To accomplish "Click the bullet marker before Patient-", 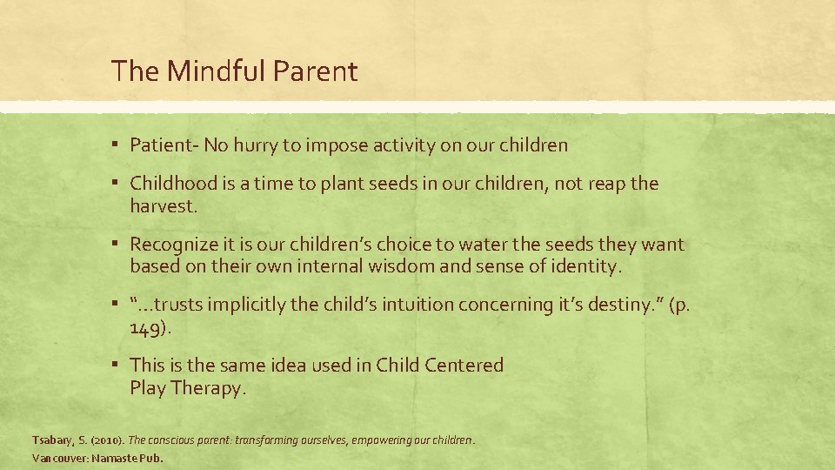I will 116,145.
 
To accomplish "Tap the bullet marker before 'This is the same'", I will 116,365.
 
